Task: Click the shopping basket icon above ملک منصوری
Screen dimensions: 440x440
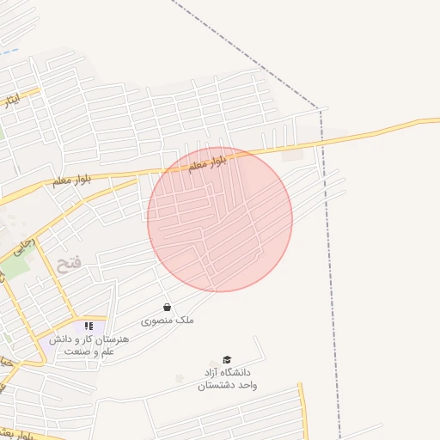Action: [167, 307]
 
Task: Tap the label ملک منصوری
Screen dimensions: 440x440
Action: [168, 321]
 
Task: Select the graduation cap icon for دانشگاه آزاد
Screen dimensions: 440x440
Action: [227, 360]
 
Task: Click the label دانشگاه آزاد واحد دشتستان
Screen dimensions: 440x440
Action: [228, 379]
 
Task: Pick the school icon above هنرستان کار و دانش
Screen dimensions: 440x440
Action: [89, 327]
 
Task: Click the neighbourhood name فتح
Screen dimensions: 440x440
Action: [69, 264]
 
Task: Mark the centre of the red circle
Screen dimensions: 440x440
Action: [220, 219]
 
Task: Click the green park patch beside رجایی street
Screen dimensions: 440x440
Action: [17, 266]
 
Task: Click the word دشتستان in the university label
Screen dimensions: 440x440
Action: [228, 386]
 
